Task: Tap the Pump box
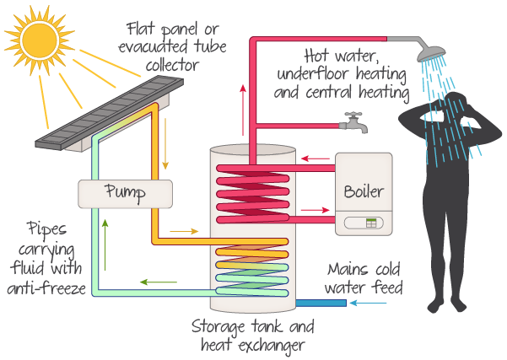124,193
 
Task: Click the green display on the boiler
371,223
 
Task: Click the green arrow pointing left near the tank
153,282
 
